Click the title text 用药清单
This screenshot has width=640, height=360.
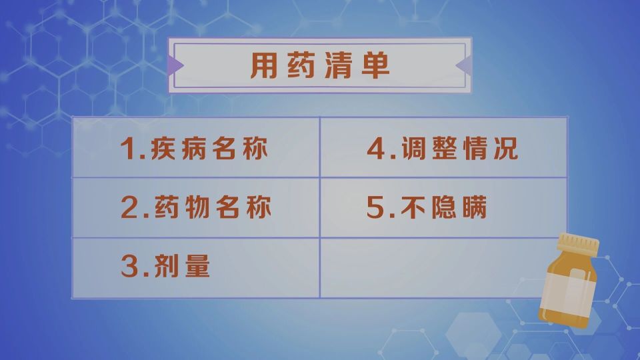[x=319, y=65]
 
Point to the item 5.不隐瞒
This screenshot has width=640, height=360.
[x=427, y=209]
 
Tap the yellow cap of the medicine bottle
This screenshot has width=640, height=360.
[x=578, y=244]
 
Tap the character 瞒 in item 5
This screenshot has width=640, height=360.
[x=473, y=209]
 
